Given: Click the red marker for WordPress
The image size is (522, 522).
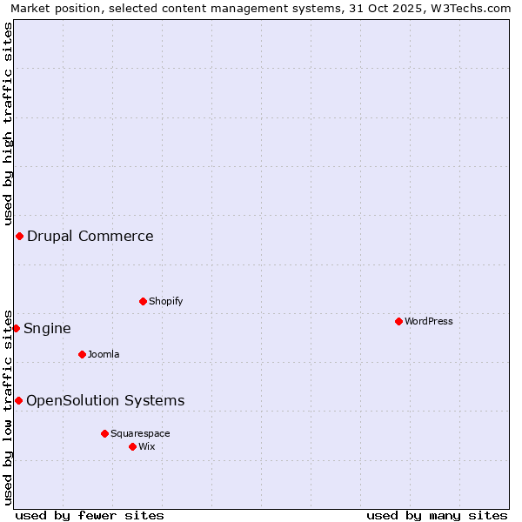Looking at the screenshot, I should [398, 321].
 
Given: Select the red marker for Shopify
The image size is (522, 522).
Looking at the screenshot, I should [143, 301].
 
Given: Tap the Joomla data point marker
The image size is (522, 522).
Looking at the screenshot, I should [82, 354].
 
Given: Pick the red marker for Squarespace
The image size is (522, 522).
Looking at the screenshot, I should [104, 433].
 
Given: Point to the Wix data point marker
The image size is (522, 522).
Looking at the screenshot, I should [132, 446].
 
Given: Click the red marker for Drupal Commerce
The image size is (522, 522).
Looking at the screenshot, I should [19, 236].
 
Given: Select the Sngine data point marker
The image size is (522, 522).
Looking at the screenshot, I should [16, 328].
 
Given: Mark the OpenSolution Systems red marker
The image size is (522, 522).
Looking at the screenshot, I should [18, 400].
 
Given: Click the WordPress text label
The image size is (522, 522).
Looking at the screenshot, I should [429, 321].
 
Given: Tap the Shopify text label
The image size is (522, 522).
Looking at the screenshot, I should [165, 301].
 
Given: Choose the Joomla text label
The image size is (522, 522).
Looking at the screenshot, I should [104, 354].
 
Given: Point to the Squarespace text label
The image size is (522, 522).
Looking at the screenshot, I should [140, 433].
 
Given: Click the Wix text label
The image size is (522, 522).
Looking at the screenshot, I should [147, 446].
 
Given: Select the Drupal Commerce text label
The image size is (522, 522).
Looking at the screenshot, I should [90, 236].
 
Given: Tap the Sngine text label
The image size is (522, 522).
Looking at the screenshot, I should [47, 328].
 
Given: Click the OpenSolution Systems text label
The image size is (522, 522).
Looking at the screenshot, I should [105, 400].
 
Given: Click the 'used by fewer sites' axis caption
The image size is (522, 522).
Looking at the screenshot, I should [90, 515].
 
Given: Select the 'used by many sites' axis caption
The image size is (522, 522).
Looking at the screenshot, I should [437, 515].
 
